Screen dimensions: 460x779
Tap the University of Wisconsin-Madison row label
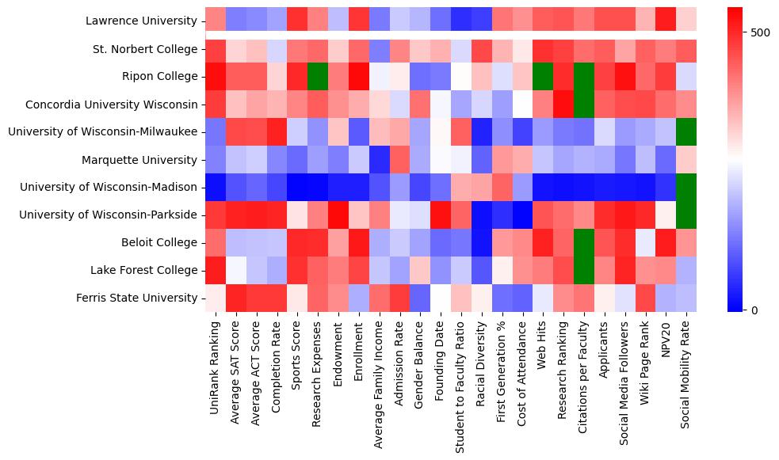(109, 188)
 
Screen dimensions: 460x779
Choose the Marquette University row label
(139, 160)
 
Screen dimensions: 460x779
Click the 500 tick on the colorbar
(759, 33)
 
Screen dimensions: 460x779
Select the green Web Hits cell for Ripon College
(542, 77)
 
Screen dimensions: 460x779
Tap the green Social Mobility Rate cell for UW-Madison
(686, 188)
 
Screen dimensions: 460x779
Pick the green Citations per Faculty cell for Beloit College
(583, 242)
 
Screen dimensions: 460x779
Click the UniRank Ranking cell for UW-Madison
(216, 188)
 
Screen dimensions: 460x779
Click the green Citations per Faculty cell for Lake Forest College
(583, 270)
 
